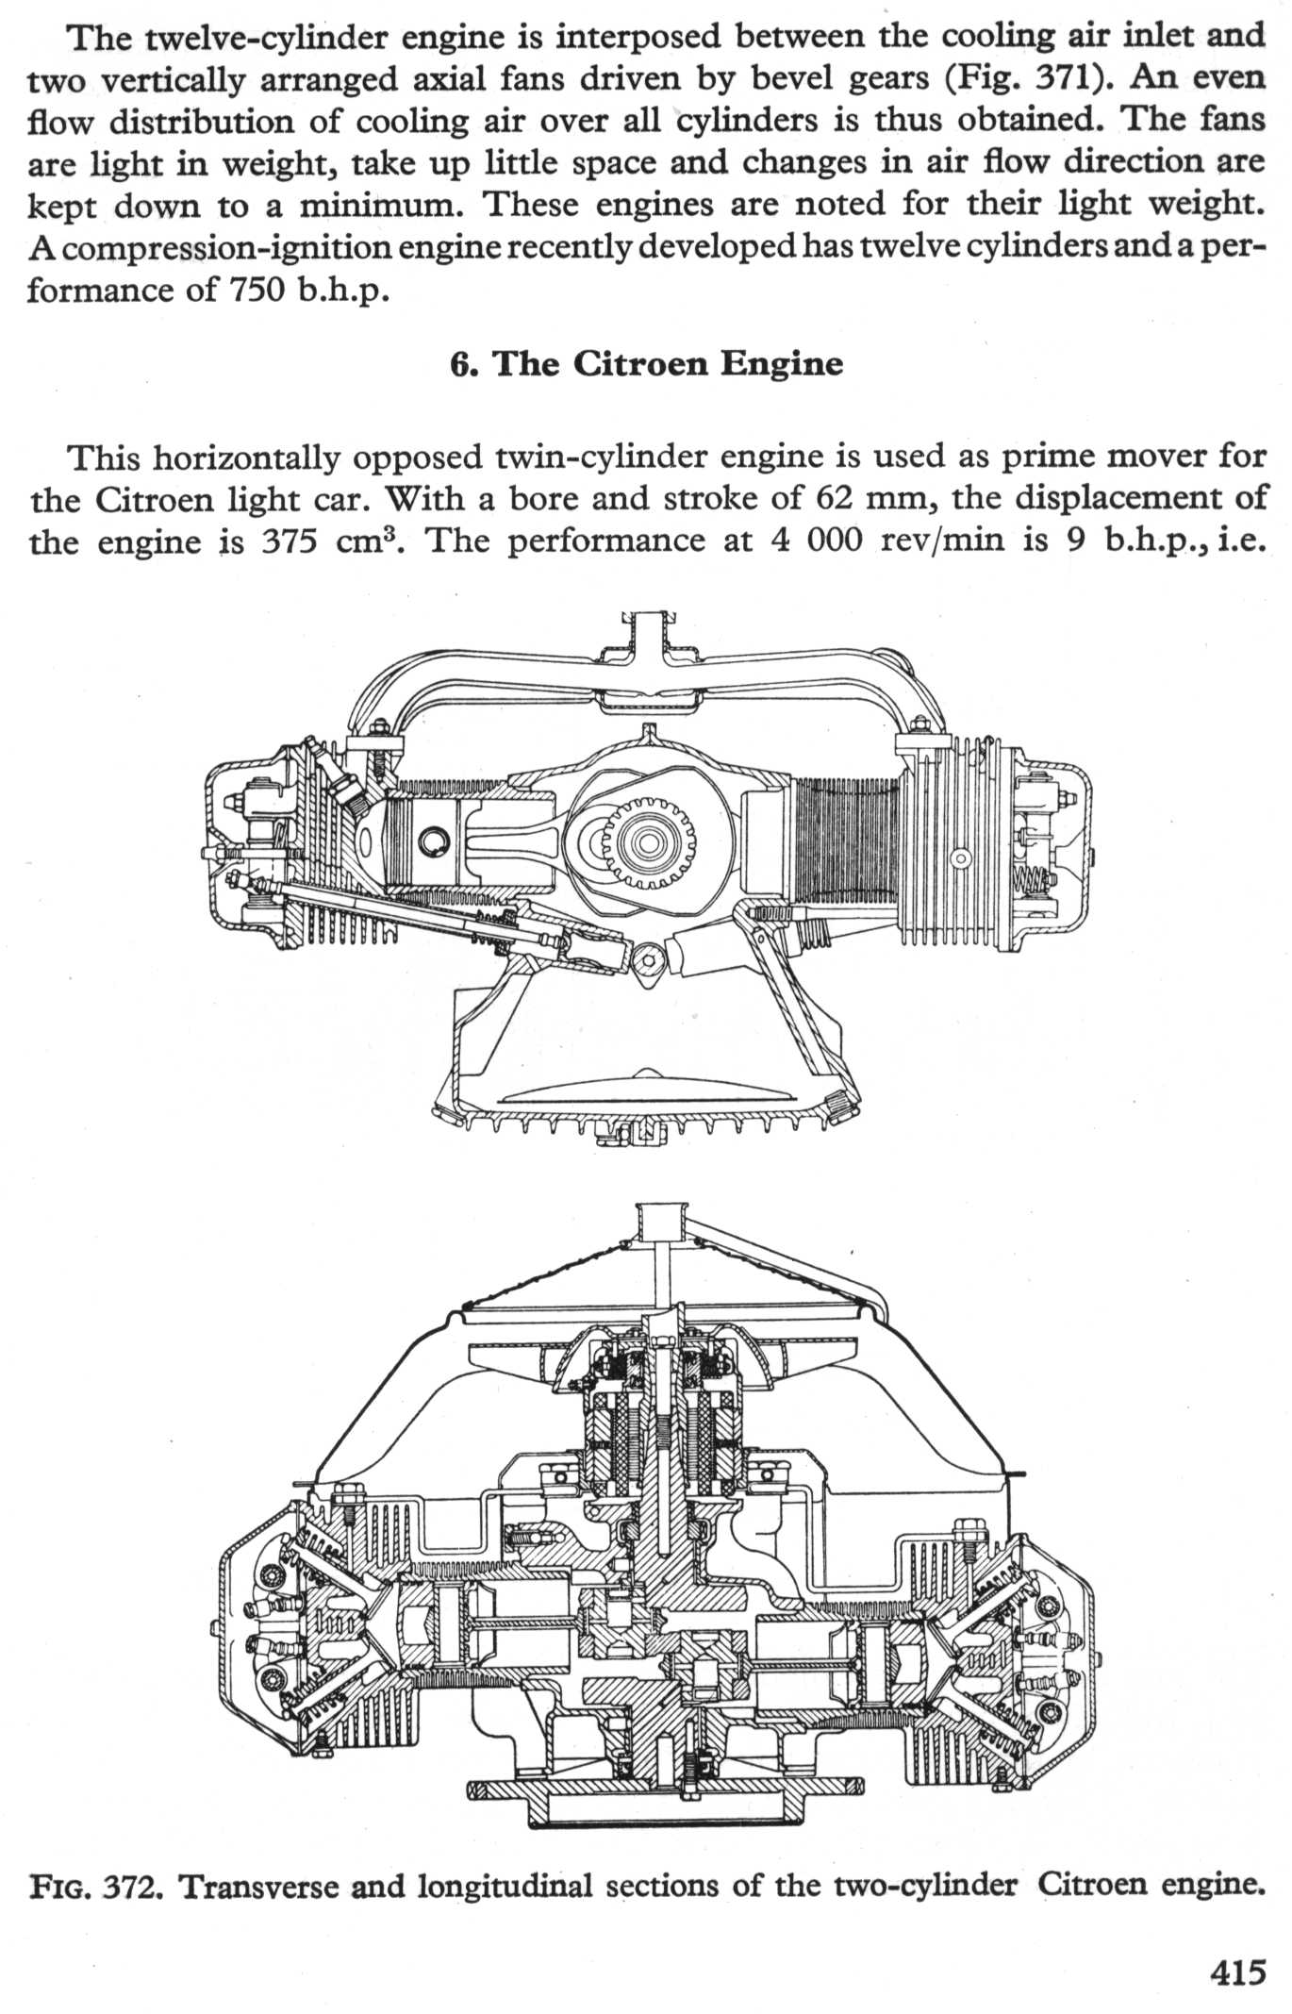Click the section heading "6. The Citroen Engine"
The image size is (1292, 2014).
tap(646, 364)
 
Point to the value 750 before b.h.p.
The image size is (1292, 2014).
tap(255, 290)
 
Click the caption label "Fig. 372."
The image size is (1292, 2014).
tap(95, 1885)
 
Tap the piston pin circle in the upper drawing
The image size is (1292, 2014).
tap(434, 840)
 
